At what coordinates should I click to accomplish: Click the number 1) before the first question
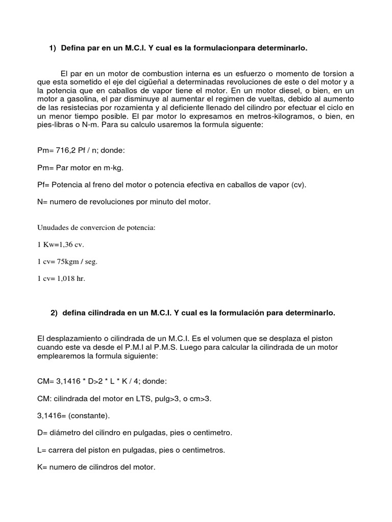pyautogui.click(x=53, y=48)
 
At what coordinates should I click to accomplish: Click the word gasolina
pyautogui.click(x=88, y=100)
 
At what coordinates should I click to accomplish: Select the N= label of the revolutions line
pyautogui.click(x=42, y=202)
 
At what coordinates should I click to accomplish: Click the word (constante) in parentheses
pyautogui.click(x=82, y=416)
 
